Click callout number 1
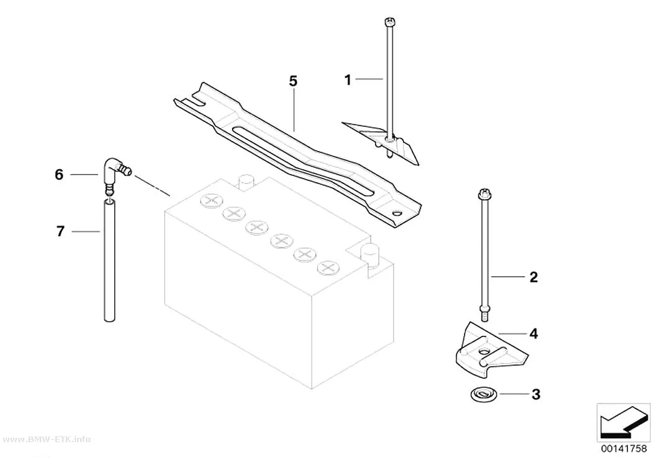(x=348, y=80)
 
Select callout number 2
(x=534, y=277)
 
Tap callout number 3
(x=535, y=394)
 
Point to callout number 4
(x=534, y=333)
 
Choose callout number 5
(x=293, y=81)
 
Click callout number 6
(x=59, y=174)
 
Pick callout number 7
(x=60, y=231)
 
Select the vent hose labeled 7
(x=109, y=260)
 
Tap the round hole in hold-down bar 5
(x=398, y=213)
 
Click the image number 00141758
(x=623, y=448)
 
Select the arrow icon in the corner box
(x=623, y=423)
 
